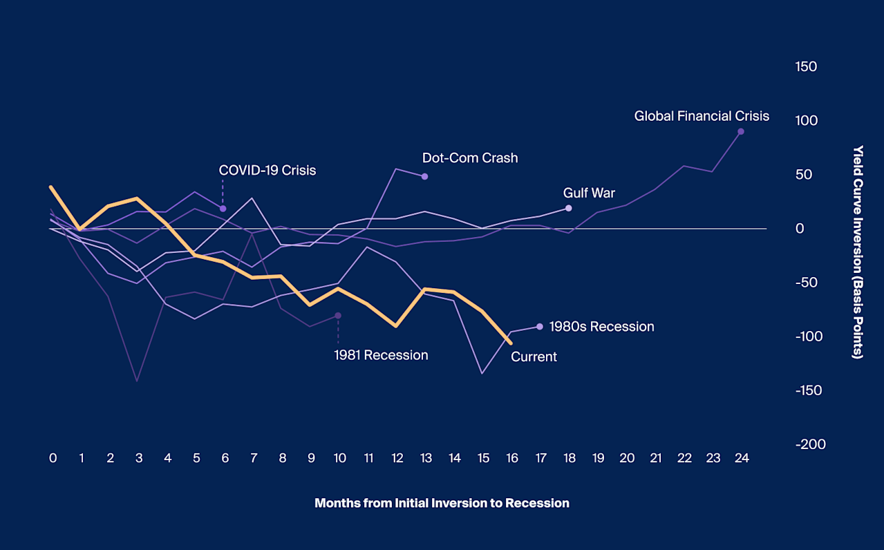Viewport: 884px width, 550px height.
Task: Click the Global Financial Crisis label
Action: coord(702,116)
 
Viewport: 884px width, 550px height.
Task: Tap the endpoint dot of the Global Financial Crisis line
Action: coord(741,131)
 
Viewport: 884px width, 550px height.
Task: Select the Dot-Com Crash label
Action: coord(470,158)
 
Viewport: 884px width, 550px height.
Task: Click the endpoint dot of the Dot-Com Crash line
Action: coord(424,177)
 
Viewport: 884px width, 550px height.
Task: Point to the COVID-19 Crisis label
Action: coord(267,170)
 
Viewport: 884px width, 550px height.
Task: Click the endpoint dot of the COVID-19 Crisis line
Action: coord(223,208)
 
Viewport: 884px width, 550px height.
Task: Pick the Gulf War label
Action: coord(589,193)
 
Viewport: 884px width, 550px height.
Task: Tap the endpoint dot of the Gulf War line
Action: coord(569,208)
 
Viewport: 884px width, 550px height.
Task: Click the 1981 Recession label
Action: coord(381,355)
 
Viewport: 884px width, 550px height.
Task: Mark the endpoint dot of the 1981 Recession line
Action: coord(338,316)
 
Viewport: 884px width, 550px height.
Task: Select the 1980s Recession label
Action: coord(601,327)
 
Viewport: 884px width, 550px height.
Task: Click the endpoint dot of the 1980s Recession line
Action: coord(540,326)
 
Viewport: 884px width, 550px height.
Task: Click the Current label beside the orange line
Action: coord(534,357)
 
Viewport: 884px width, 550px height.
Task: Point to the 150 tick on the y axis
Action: coord(806,67)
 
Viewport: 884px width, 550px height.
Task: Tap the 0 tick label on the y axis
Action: coord(800,229)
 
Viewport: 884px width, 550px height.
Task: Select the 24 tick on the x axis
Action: coord(742,458)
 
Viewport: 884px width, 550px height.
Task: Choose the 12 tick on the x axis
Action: coord(397,458)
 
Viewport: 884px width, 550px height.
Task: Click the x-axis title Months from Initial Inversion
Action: coord(442,503)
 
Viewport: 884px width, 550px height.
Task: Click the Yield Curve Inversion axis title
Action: coord(858,252)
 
